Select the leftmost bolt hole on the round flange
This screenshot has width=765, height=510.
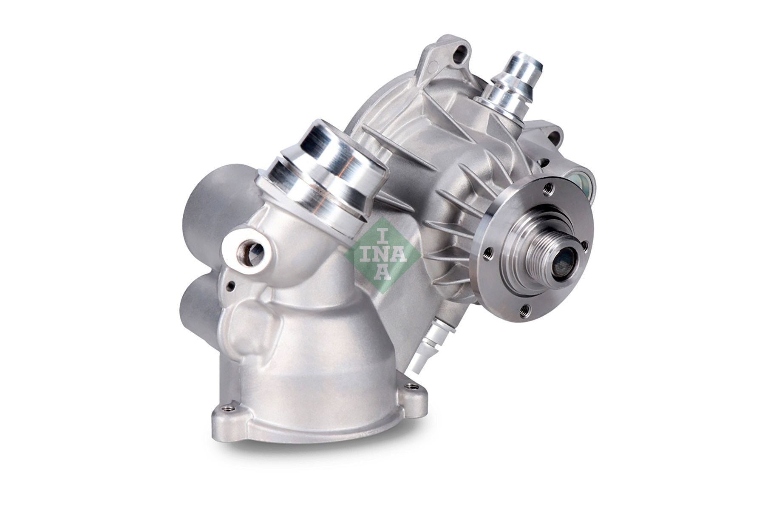(x=487, y=253)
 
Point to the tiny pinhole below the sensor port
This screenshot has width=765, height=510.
(x=231, y=286)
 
